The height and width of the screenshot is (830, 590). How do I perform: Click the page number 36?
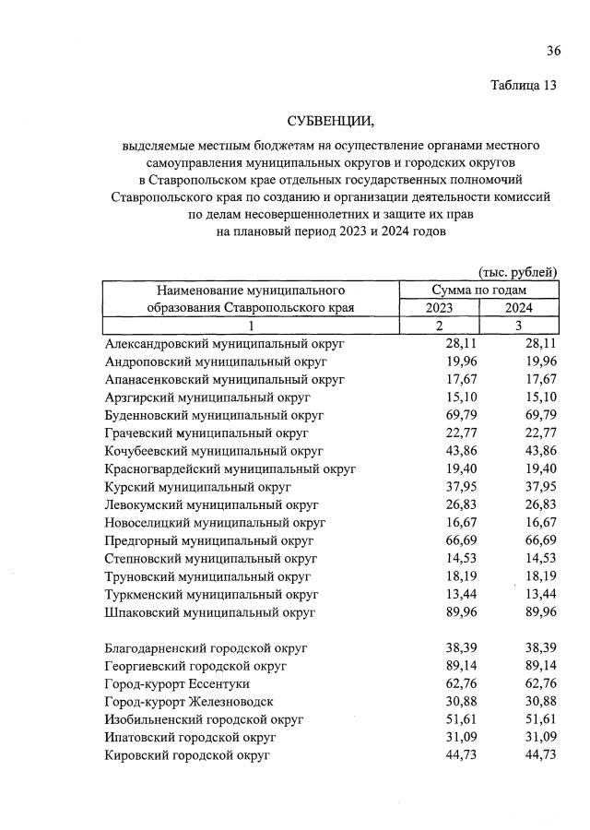[553, 50]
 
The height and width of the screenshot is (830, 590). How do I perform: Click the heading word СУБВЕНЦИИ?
[329, 122]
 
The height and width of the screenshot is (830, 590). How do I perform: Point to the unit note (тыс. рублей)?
[517, 271]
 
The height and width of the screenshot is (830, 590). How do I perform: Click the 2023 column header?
[439, 308]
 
